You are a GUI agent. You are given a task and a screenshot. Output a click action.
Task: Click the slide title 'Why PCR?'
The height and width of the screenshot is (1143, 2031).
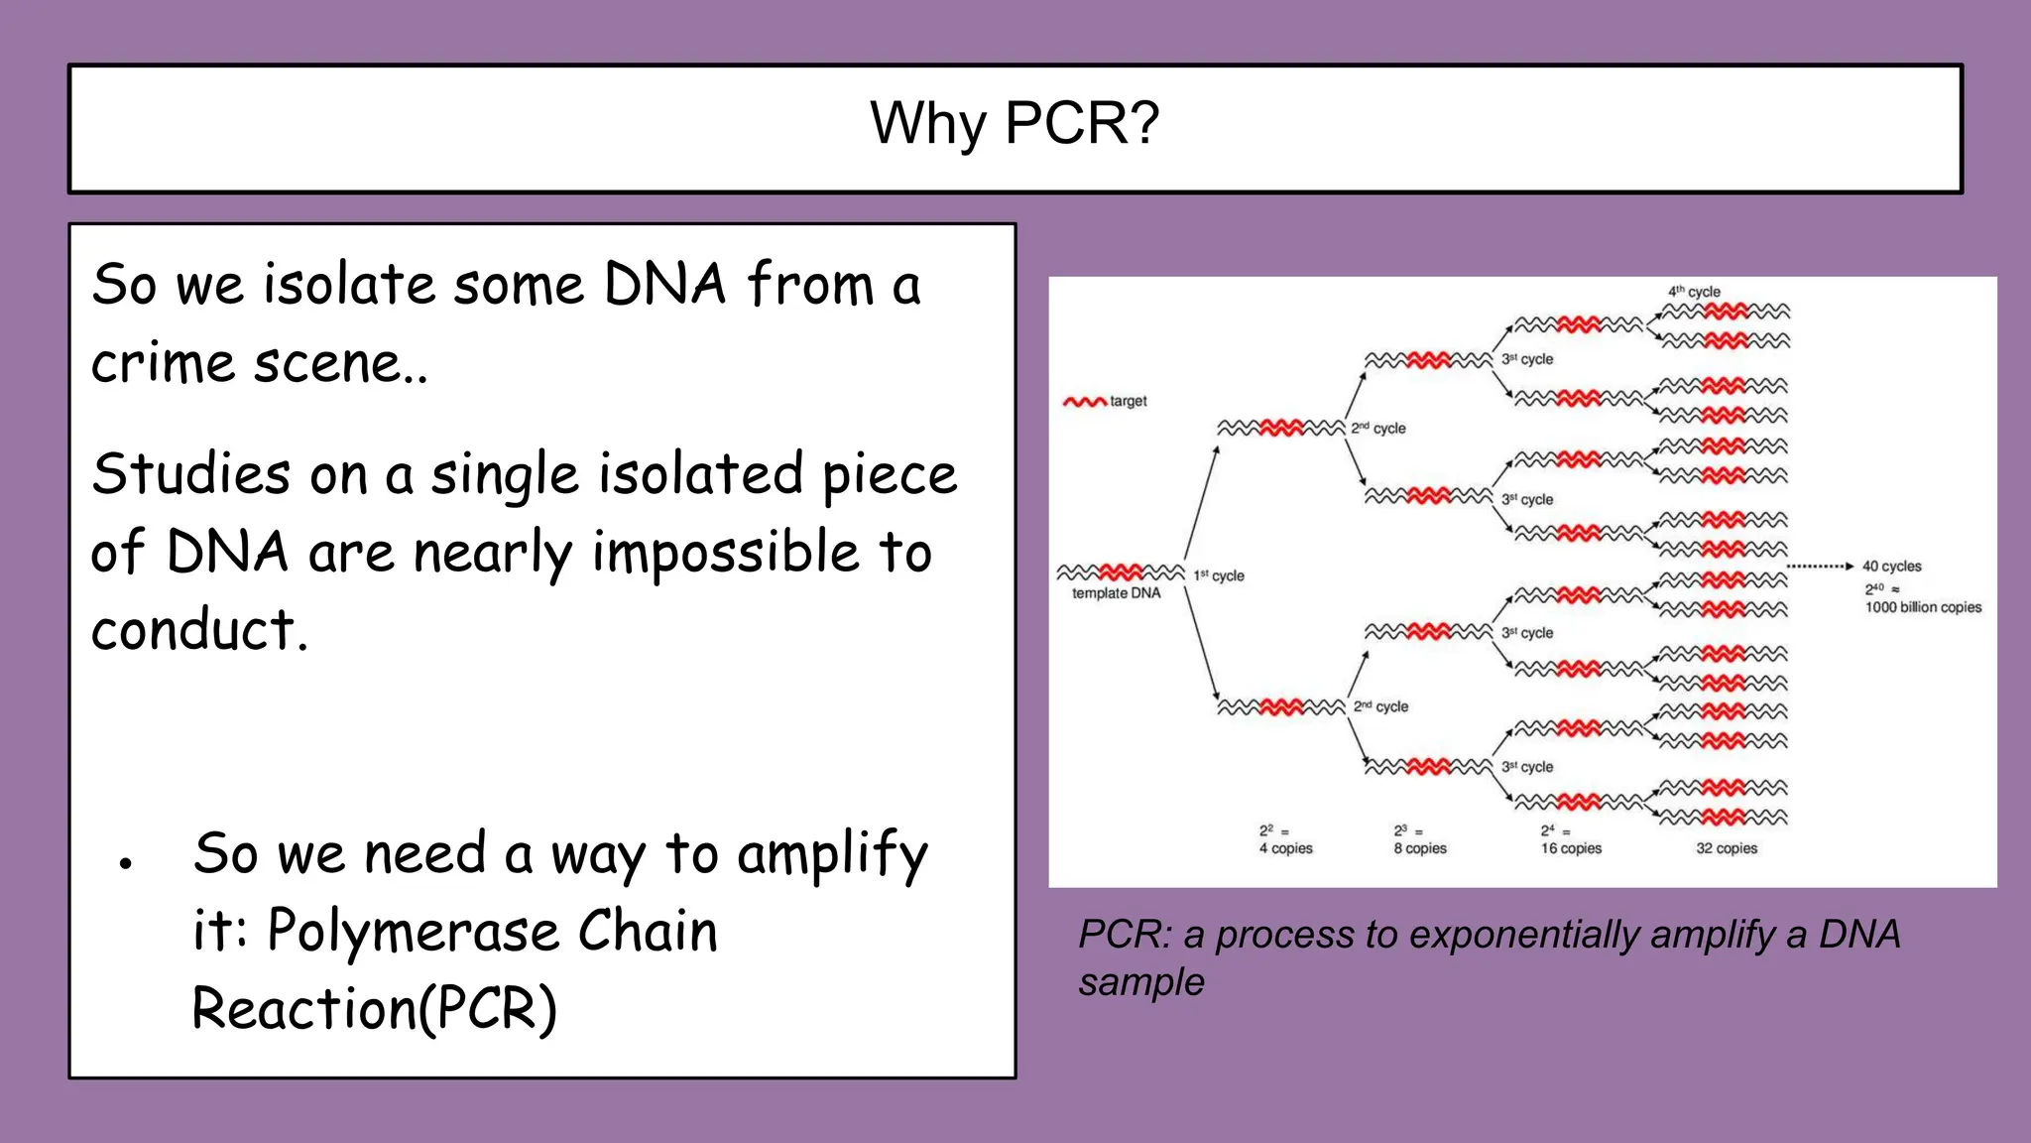[x=1015, y=124]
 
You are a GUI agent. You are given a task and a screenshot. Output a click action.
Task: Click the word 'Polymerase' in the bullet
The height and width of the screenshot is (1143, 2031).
[x=413, y=932]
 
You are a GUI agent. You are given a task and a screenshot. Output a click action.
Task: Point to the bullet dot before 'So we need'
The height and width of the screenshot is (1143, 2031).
[x=125, y=863]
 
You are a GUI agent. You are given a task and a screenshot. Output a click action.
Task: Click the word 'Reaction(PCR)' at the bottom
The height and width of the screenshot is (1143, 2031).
[x=374, y=1009]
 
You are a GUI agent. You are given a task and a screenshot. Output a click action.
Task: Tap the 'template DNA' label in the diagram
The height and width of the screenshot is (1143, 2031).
[x=1116, y=593]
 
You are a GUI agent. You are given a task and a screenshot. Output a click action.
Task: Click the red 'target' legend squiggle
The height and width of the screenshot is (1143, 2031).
[x=1084, y=402]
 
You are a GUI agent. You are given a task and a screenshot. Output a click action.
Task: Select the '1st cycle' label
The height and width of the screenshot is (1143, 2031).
[x=1219, y=575]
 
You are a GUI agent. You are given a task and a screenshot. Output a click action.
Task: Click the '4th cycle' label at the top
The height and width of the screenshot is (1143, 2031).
[x=1694, y=292]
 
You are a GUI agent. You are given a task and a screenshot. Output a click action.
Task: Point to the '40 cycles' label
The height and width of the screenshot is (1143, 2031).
[x=1891, y=567]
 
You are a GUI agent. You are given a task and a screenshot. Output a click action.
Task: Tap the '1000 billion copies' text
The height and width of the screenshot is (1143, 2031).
[x=1923, y=607]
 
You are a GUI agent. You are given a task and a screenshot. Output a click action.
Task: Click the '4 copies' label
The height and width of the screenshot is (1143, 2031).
[x=1285, y=848]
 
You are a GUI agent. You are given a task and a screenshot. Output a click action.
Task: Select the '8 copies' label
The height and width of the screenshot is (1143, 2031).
[x=1420, y=848]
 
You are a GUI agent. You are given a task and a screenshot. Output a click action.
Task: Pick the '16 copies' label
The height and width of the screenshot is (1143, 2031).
[x=1571, y=848]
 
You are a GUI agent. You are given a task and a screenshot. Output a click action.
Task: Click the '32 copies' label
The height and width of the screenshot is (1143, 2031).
[x=1727, y=848]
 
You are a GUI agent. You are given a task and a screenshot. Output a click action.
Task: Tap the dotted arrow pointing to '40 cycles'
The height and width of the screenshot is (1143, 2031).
[x=1819, y=567]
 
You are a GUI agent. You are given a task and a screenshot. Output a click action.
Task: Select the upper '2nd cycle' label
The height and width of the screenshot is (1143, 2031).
[x=1378, y=429]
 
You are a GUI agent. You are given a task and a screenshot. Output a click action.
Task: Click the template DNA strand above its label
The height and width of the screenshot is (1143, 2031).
[x=1120, y=572]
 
